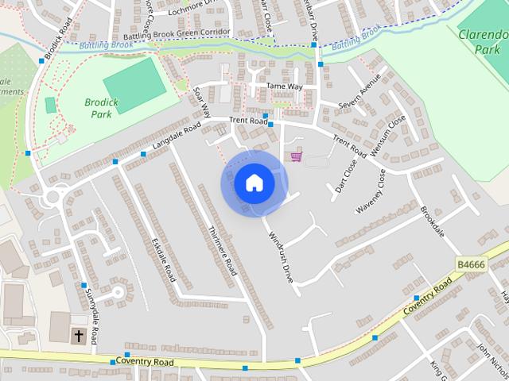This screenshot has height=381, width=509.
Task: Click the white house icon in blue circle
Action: coord(254,183)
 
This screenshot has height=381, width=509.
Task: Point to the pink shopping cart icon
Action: coord(297,156)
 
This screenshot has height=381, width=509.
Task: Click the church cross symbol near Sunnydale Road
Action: coord(79,336)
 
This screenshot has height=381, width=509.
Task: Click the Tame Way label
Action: coord(284,86)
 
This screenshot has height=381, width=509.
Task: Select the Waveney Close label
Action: coord(371,191)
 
